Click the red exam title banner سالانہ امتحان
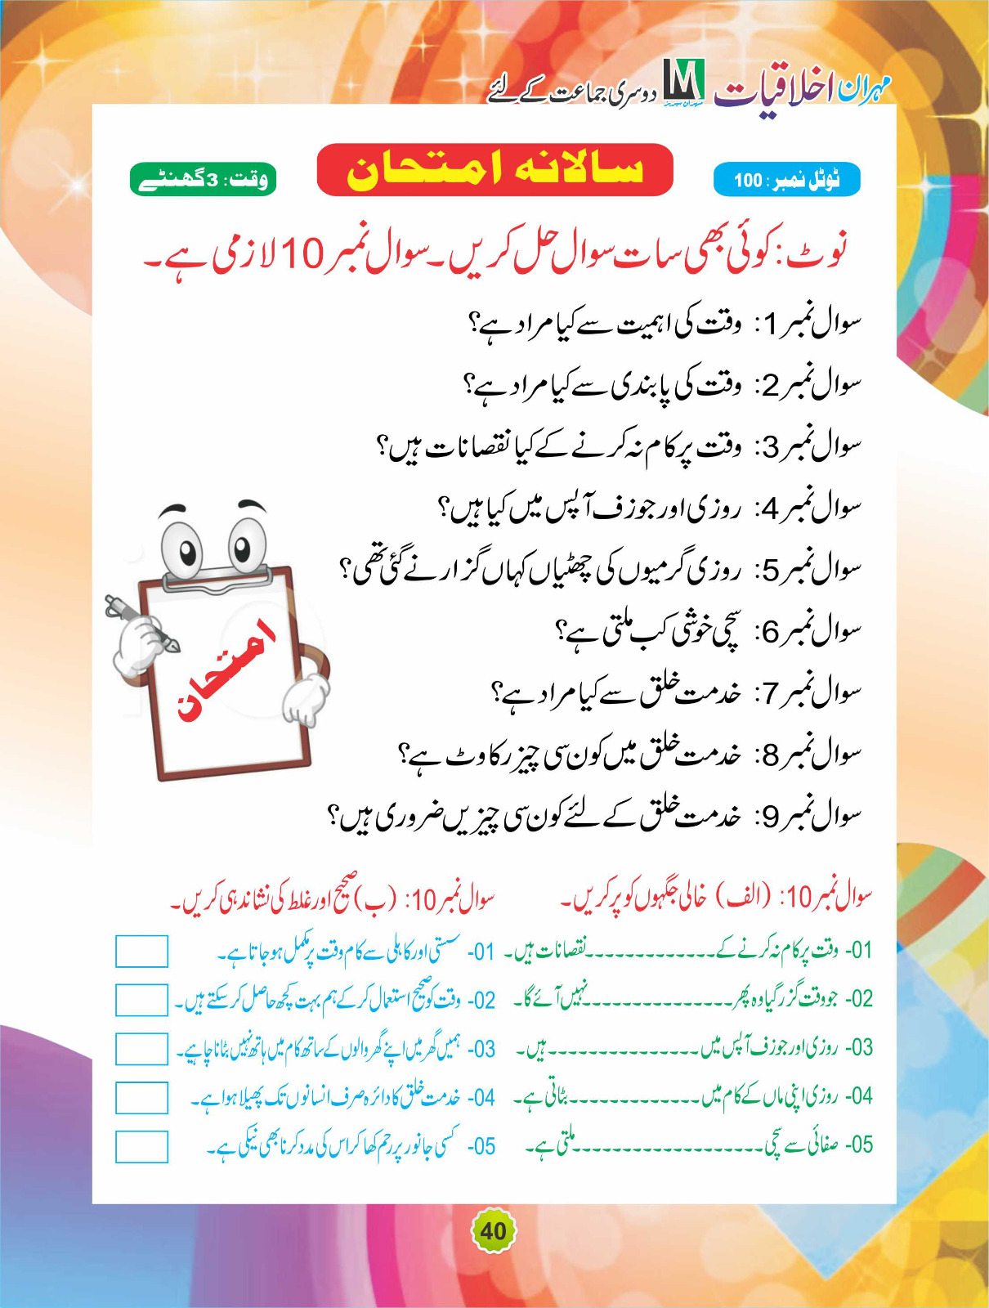click(494, 170)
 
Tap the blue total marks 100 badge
click(786, 180)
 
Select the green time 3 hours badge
click(203, 180)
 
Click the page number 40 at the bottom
click(493, 1231)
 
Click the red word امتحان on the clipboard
click(226, 670)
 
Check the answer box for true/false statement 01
click(141, 952)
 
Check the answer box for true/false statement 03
click(141, 1049)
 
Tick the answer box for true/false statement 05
click(141, 1146)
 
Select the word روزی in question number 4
click(719, 508)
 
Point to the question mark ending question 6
click(562, 631)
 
